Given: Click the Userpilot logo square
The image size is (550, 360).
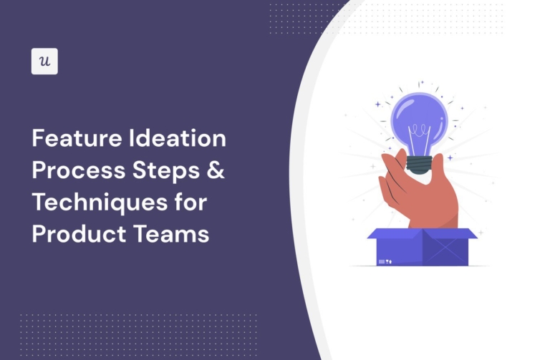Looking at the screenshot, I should click(x=44, y=62).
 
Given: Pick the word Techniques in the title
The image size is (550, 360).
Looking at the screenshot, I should click(x=100, y=203).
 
